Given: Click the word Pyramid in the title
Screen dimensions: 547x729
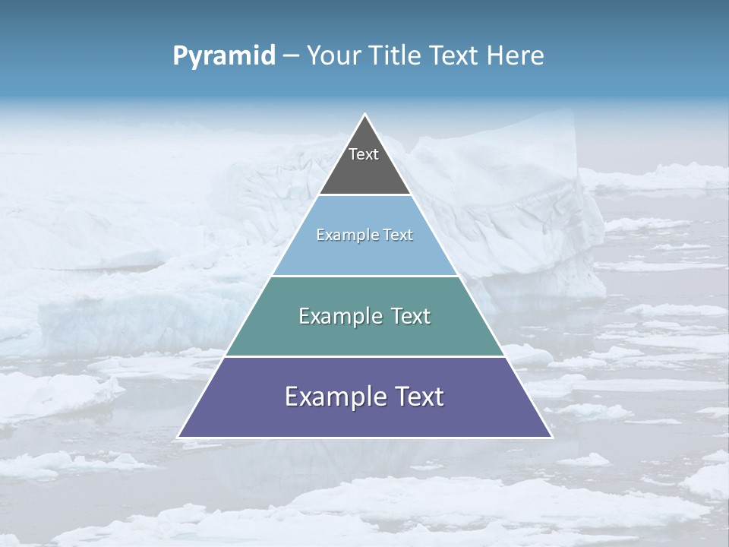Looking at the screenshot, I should [224, 56].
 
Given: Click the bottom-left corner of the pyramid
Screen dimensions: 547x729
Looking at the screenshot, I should [178, 437].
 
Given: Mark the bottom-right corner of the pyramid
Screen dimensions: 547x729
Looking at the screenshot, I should [551, 437].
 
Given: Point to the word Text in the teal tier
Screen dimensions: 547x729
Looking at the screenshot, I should [411, 316].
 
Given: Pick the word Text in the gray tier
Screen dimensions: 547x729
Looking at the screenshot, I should [364, 154].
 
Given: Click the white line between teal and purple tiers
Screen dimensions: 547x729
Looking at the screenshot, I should [364, 356].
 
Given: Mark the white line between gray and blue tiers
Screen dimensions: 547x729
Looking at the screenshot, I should [364, 194].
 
